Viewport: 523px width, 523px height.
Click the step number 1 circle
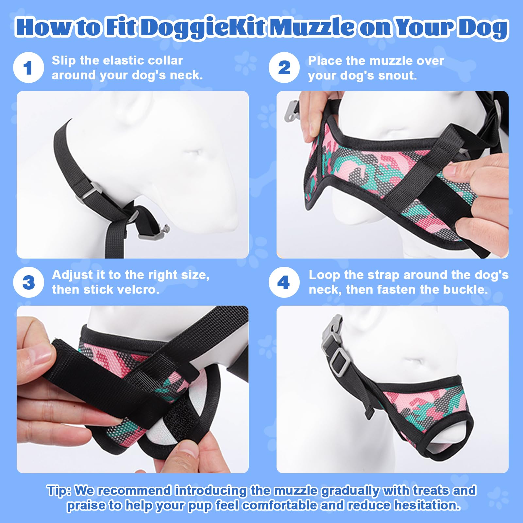tap(28, 67)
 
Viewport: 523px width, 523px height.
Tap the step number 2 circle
tap(284, 67)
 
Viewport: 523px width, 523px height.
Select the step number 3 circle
tap(28, 282)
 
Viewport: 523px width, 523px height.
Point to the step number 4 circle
tap(284, 282)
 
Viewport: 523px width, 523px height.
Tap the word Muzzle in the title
tap(312, 27)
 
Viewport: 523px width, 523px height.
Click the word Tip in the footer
tap(59, 491)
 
